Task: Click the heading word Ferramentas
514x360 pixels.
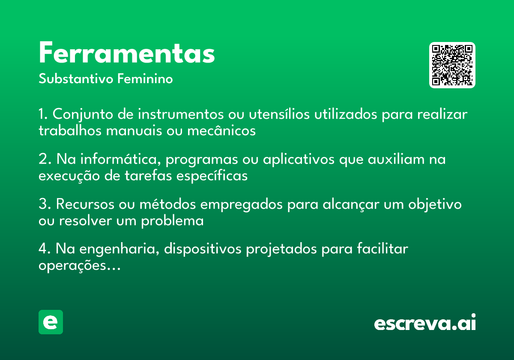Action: pos(127,52)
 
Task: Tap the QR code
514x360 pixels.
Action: pos(452,65)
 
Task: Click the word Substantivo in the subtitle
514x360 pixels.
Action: pos(76,78)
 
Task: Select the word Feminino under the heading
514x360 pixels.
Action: pos(145,78)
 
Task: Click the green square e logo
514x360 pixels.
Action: pos(51,322)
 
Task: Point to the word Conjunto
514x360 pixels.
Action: pos(83,114)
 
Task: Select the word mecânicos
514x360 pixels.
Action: pos(221,130)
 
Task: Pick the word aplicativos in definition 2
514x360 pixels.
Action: pos(299,159)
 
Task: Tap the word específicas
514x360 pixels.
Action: pos(212,176)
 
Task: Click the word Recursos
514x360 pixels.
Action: pos(85,204)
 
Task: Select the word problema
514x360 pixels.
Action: pos(172,221)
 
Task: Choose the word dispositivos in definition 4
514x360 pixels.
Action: pos(203,249)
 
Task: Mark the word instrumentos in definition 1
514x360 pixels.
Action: pos(181,114)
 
